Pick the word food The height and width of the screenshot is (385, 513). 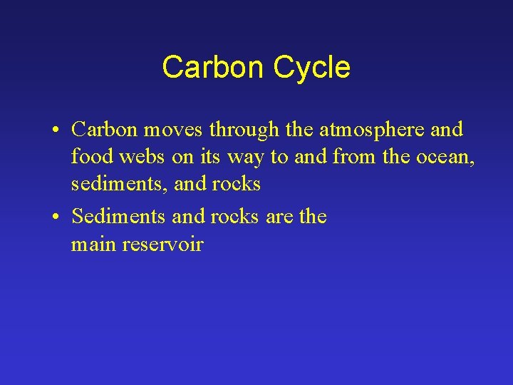[x=91, y=157]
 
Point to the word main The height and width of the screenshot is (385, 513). [x=94, y=245]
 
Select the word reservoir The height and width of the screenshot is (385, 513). [x=163, y=245]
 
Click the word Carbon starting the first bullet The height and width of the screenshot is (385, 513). [x=105, y=130]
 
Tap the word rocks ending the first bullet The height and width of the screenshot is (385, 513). [x=237, y=184]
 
